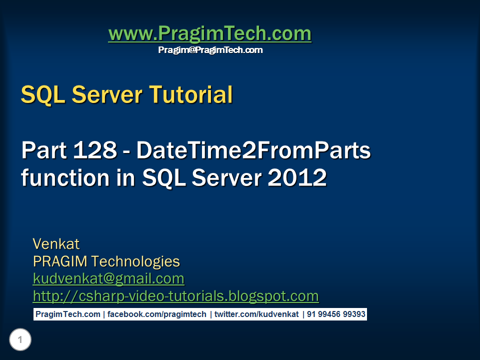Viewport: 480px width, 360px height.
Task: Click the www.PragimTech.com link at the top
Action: [210, 33]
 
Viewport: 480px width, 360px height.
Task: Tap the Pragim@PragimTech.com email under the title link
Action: [210, 50]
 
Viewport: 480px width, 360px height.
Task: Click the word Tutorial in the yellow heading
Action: [191, 94]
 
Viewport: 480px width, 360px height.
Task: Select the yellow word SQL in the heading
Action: [43, 95]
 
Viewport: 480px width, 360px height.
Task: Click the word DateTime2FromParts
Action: [253, 150]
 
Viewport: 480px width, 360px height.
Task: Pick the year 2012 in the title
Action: [297, 177]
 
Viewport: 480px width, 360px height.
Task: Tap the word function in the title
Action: [65, 177]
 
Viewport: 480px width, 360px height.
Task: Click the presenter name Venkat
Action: [56, 244]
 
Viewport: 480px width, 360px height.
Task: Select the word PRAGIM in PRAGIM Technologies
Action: [60, 261]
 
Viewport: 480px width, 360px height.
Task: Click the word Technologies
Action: [135, 262]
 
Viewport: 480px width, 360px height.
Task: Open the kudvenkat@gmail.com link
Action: [108, 279]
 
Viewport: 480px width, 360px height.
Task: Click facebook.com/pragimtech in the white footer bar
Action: [156, 314]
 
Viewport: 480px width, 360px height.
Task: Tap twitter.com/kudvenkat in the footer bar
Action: [256, 314]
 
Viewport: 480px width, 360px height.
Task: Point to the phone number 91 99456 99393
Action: [336, 314]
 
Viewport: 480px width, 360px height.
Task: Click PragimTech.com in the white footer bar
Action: [68, 314]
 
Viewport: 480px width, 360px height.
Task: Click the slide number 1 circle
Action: [20, 339]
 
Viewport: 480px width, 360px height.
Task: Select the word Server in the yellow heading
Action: [107, 94]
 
